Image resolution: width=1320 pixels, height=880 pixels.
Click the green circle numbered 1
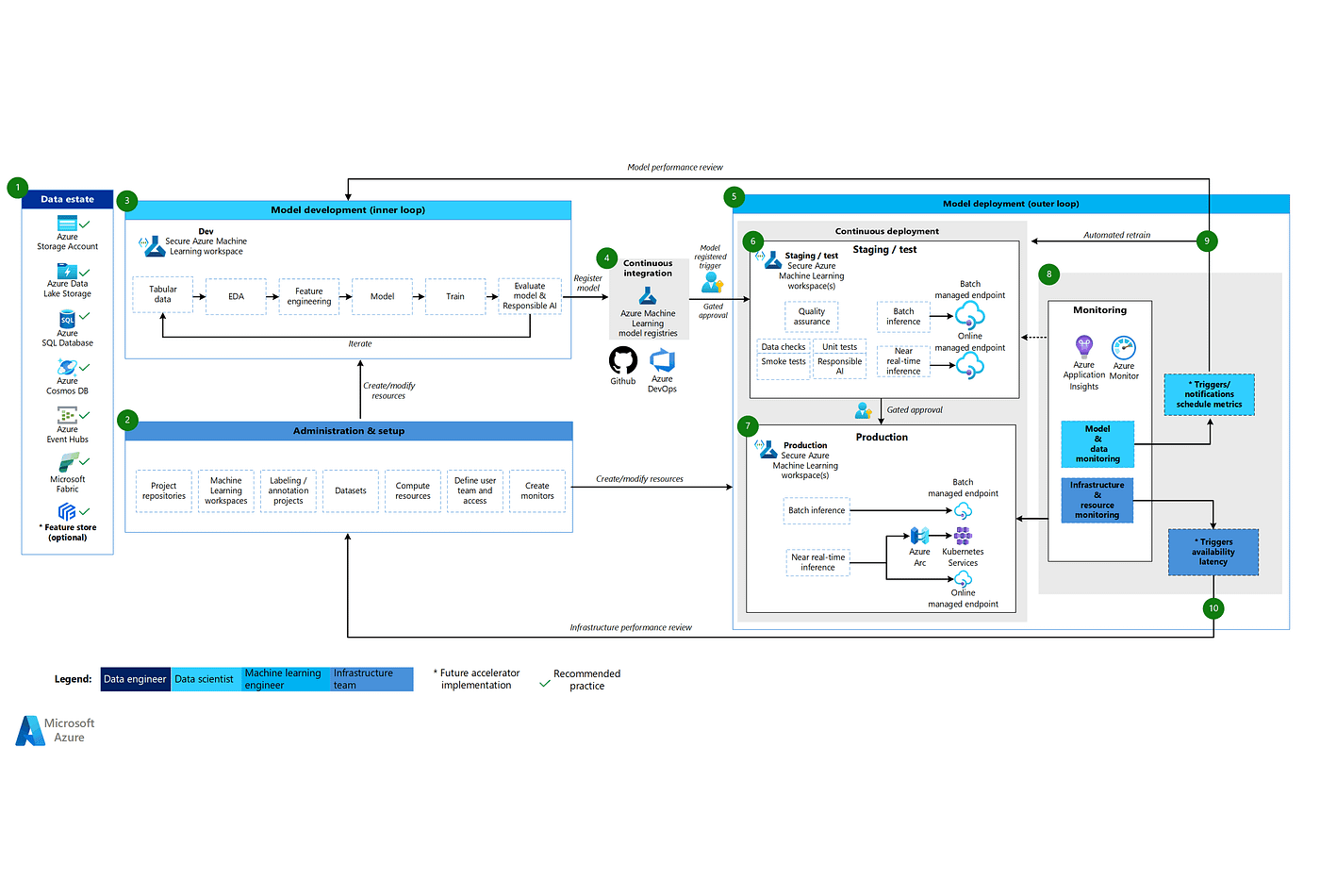(x=17, y=188)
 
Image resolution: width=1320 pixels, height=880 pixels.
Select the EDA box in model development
(x=236, y=296)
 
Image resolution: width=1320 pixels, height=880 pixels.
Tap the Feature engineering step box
(x=309, y=296)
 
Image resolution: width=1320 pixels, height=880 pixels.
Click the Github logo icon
(x=622, y=360)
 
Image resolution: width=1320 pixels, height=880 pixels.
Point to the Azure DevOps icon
(x=663, y=360)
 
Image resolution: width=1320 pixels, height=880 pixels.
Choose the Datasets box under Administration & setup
(x=351, y=490)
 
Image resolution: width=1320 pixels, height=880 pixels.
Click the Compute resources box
(x=413, y=490)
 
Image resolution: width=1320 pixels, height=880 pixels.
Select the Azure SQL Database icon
(x=67, y=319)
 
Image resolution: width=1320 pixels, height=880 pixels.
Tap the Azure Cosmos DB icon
(x=67, y=367)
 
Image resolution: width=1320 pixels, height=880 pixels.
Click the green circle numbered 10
(x=1213, y=608)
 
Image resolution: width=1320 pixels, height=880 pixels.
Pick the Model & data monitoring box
(x=1097, y=444)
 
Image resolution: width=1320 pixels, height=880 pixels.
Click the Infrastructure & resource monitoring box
(x=1097, y=500)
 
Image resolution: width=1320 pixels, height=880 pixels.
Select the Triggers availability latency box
(x=1213, y=552)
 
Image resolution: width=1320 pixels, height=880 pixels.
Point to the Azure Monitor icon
(x=1124, y=347)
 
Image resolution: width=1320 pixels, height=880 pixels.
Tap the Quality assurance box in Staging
(x=812, y=316)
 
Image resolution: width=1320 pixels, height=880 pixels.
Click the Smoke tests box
(x=784, y=362)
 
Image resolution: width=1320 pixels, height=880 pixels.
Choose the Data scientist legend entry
(x=205, y=679)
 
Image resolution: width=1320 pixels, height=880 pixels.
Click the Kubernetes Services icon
(x=963, y=536)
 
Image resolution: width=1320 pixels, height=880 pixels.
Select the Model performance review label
(x=675, y=167)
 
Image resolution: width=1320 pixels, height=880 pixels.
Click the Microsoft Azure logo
(x=56, y=730)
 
